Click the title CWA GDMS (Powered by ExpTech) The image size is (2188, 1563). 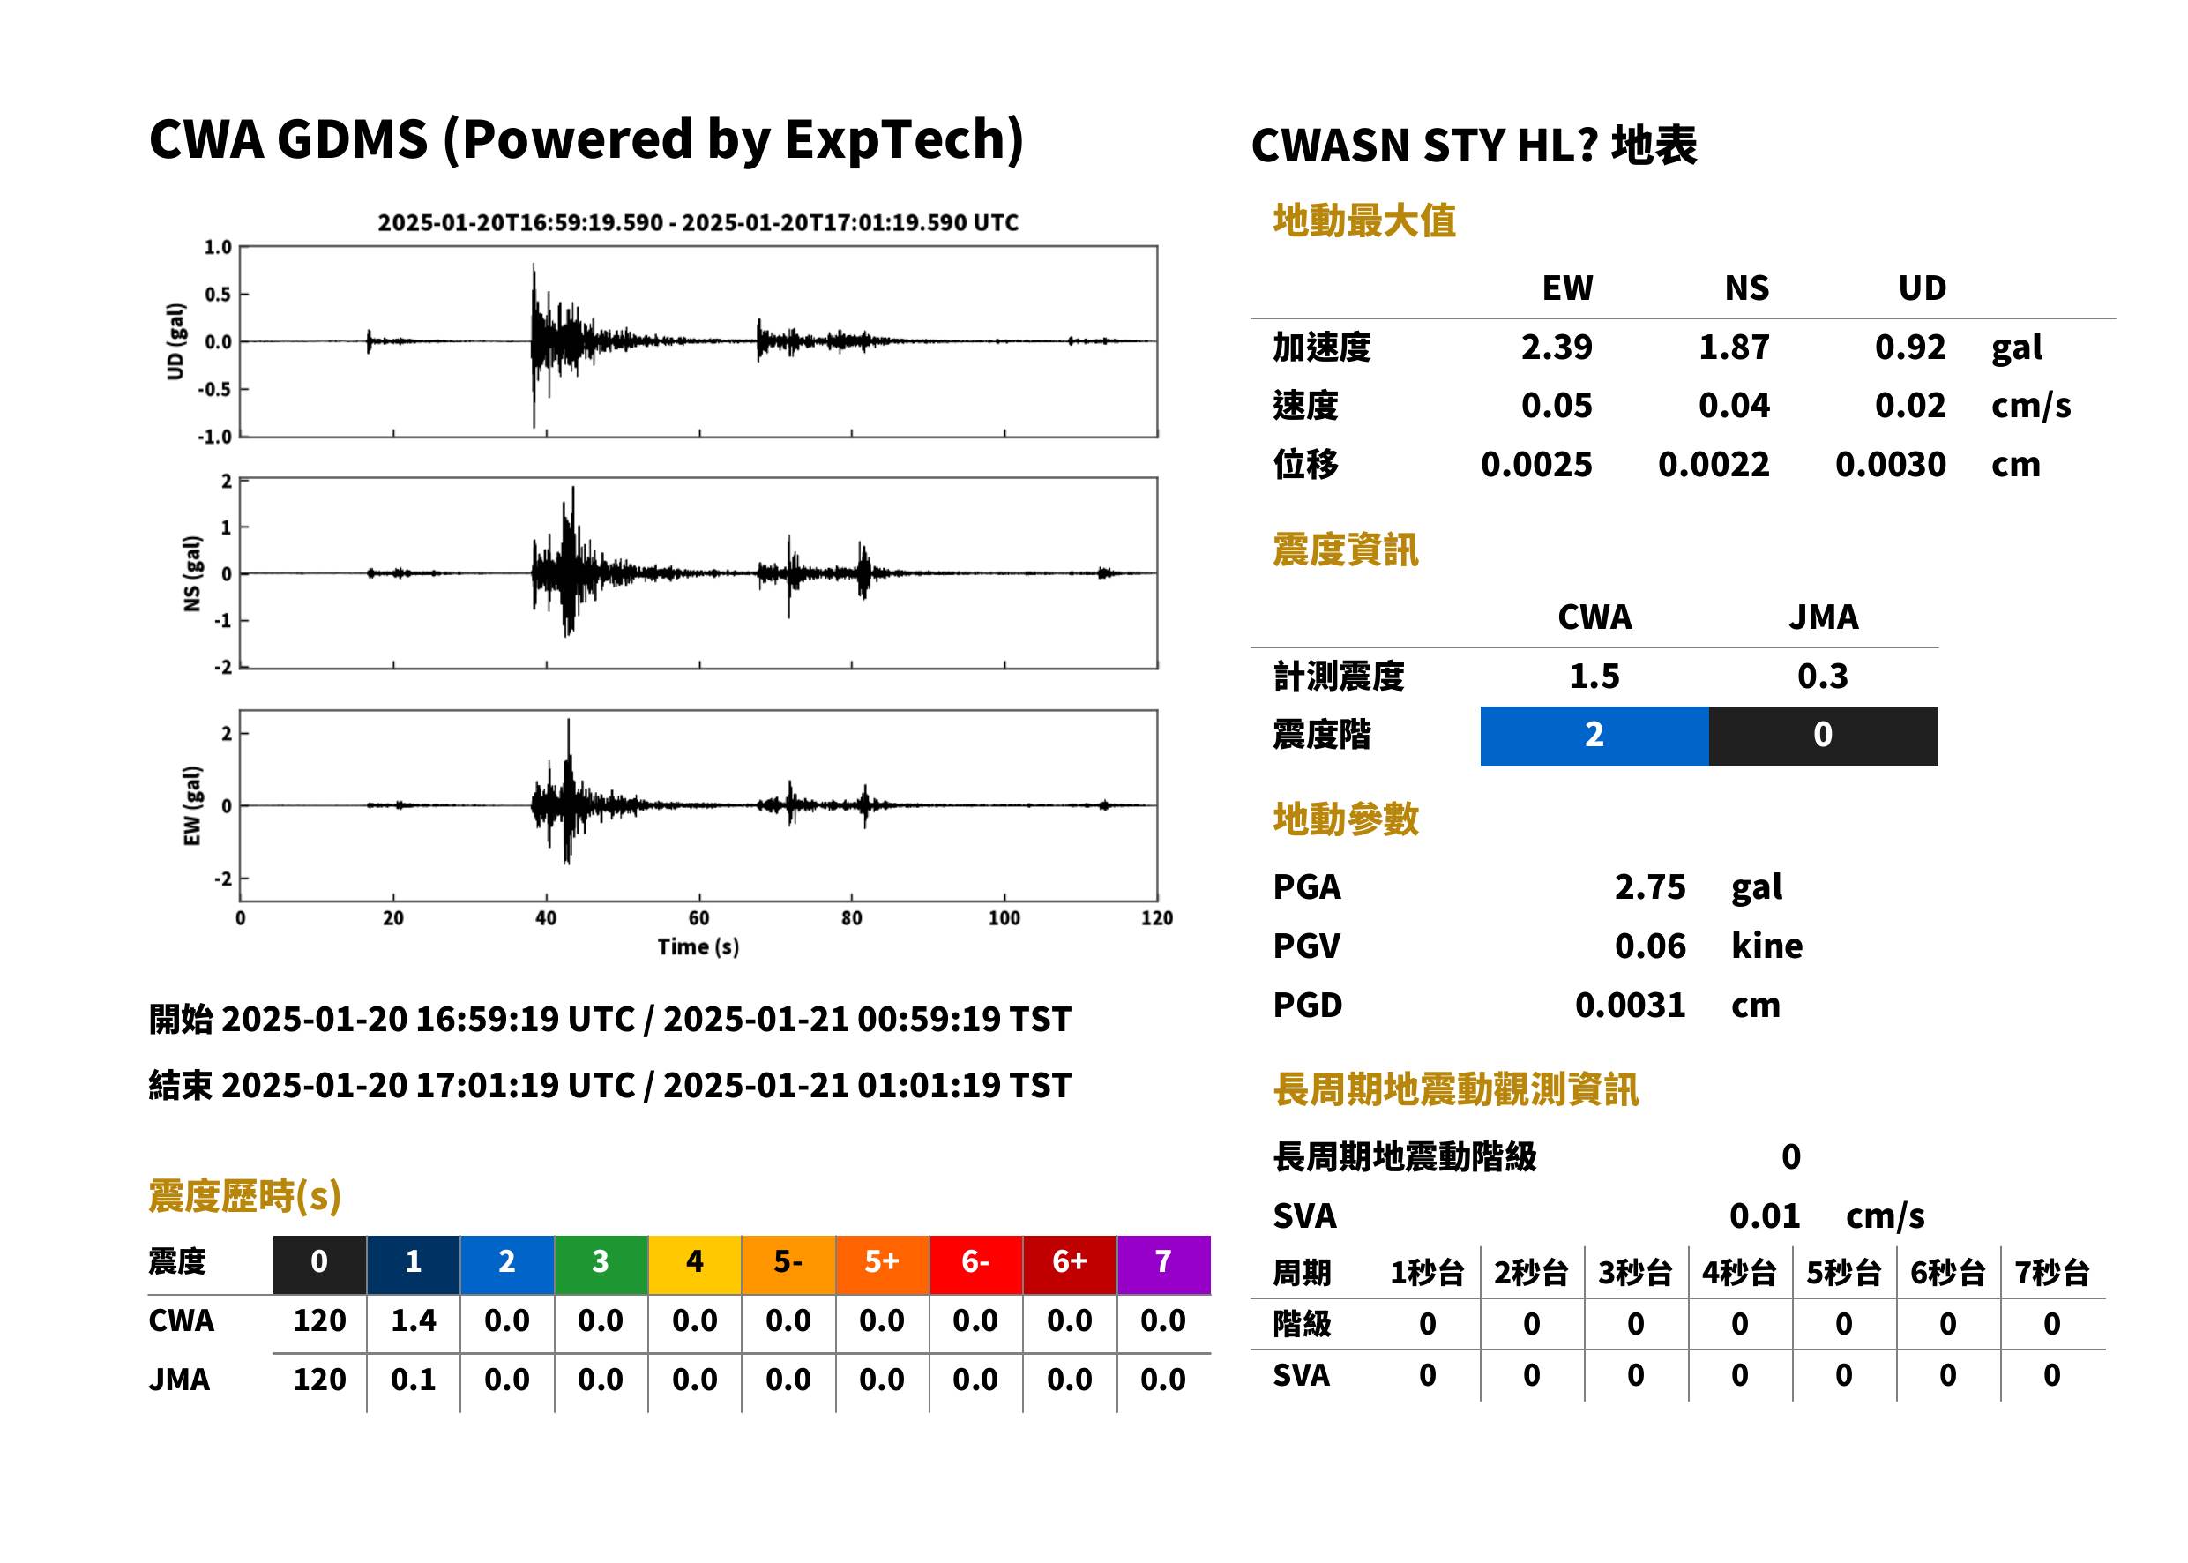(586, 140)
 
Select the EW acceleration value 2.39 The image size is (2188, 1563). (1556, 347)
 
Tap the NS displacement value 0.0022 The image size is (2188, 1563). (1713, 465)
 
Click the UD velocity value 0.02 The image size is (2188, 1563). (1910, 405)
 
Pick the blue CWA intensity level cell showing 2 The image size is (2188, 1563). (1594, 736)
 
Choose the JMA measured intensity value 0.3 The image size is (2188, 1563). (1822, 676)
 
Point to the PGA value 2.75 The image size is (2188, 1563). (1649, 886)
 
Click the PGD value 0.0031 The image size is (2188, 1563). (1630, 1005)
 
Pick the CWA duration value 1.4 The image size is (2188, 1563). (413, 1320)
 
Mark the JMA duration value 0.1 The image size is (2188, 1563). (413, 1380)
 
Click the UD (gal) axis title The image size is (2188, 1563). (175, 341)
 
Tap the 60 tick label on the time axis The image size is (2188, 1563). (698, 918)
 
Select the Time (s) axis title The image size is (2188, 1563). (698, 947)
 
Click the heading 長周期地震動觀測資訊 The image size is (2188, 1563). (1455, 1089)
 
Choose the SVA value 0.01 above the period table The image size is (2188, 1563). (1764, 1215)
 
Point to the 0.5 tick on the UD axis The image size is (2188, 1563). (218, 295)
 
